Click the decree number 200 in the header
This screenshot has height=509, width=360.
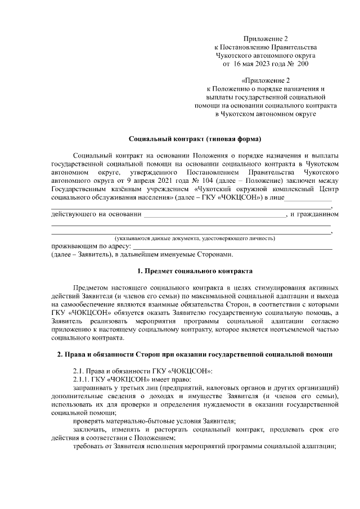pos(302,65)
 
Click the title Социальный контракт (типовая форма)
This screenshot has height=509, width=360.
pos(195,138)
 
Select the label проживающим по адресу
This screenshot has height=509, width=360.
pos(90,246)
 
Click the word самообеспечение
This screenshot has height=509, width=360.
pos(83,304)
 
